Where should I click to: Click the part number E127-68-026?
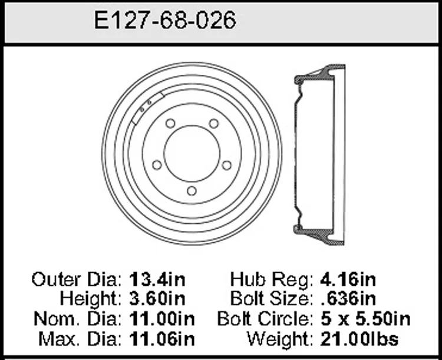click(x=165, y=20)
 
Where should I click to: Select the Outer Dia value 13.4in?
click(x=157, y=280)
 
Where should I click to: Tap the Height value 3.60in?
click(x=157, y=299)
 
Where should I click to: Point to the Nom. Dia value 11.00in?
click(x=162, y=319)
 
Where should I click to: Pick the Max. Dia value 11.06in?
click(x=162, y=339)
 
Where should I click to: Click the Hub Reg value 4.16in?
click(x=348, y=280)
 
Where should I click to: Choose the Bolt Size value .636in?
click(x=349, y=299)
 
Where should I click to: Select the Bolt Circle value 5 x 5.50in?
click(x=365, y=319)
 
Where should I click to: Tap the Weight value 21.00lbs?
click(x=359, y=339)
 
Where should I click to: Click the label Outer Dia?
click(x=77, y=280)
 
